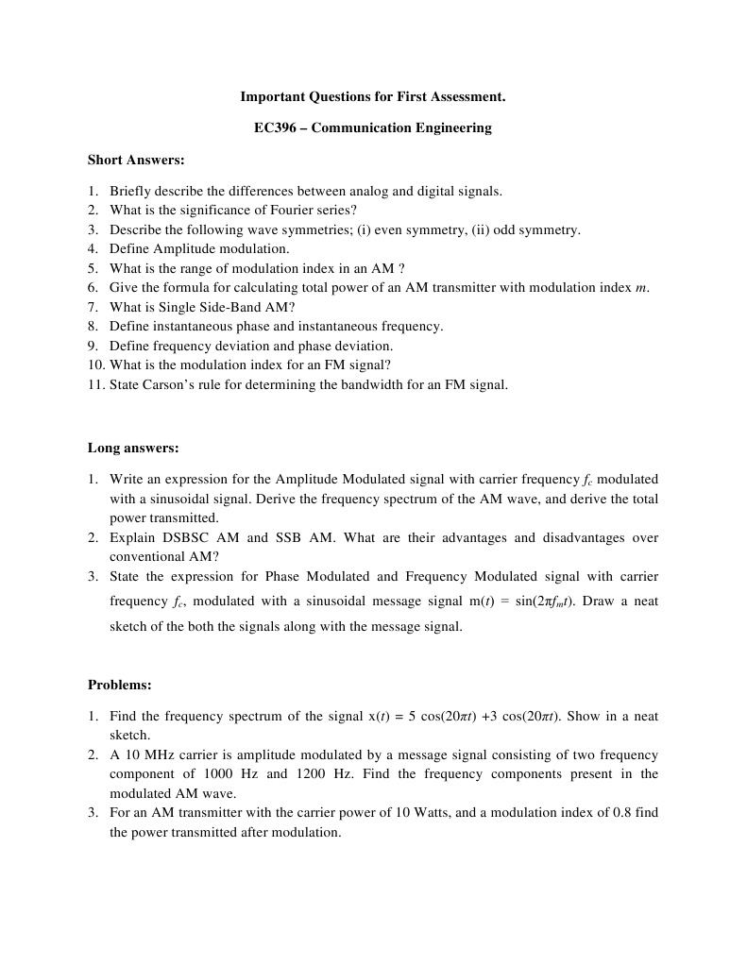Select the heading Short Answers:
136,160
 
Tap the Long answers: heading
133,448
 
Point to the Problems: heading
120,685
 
